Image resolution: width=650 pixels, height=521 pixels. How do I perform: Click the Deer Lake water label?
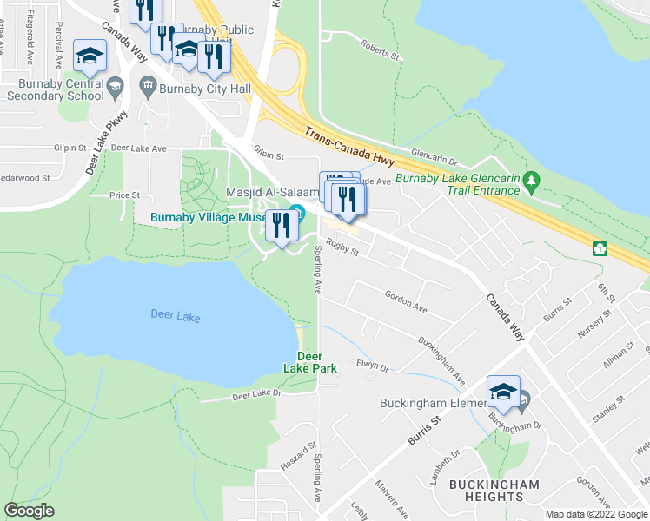tap(175, 317)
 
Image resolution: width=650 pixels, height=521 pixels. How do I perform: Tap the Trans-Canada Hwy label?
tap(348, 148)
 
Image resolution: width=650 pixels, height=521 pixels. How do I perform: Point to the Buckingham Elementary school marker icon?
tap(503, 392)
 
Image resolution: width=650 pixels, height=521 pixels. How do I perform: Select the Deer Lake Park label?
tap(309, 362)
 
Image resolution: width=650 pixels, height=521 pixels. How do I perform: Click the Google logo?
tap(29, 510)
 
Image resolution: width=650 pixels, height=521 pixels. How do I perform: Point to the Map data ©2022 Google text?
tap(594, 514)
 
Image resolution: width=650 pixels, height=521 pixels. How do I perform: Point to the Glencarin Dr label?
tap(434, 156)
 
